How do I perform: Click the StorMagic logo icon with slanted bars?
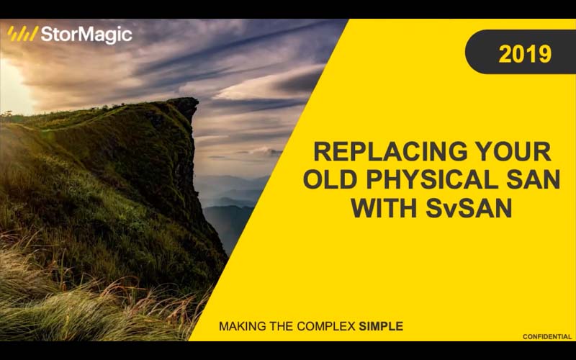[x=22, y=34]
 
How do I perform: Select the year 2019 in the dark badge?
[x=525, y=53]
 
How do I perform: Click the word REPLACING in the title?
[x=382, y=152]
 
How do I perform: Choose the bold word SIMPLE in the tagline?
[x=382, y=326]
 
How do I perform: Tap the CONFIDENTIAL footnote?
[x=546, y=336]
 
